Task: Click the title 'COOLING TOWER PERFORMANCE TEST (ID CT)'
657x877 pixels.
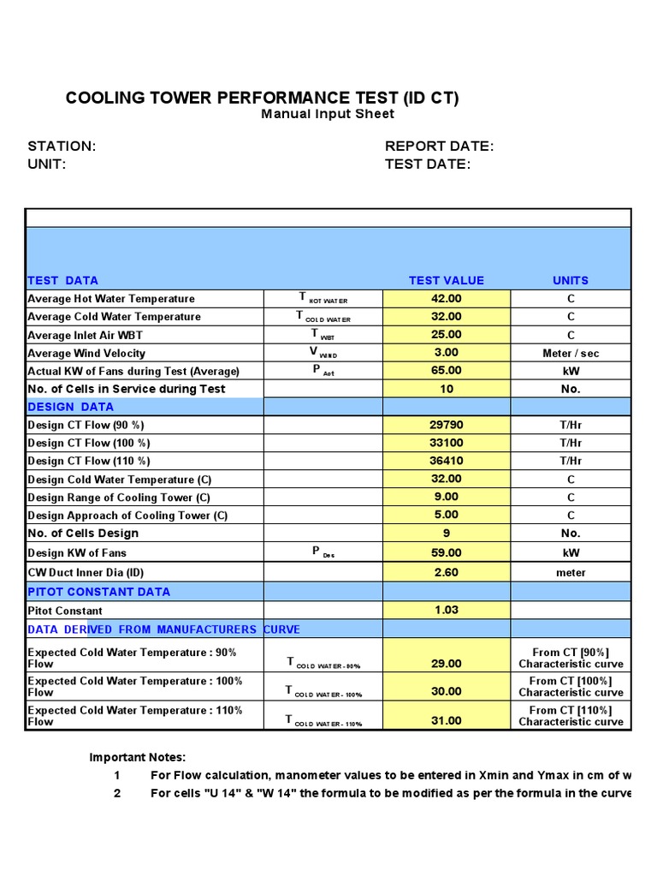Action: click(x=262, y=98)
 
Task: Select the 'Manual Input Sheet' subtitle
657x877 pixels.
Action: click(x=328, y=114)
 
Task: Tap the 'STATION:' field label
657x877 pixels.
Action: click(x=62, y=146)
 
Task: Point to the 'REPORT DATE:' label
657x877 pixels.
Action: click(x=439, y=146)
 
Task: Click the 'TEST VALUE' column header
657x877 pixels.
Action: click(x=446, y=280)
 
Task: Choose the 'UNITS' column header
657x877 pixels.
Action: click(x=571, y=280)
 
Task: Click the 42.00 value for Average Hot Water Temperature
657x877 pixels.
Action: click(x=446, y=299)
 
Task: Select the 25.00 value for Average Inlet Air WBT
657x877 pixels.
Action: click(x=446, y=335)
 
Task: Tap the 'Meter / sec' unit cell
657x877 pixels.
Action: click(x=571, y=353)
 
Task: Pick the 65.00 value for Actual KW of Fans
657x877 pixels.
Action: click(x=446, y=371)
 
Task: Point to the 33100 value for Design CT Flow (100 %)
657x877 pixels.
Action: click(x=446, y=443)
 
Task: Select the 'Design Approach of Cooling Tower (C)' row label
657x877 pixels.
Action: click(x=128, y=516)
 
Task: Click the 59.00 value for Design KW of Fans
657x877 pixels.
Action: click(x=446, y=552)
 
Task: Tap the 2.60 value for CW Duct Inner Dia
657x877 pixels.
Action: click(x=446, y=572)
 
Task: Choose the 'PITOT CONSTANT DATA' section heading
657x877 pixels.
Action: click(x=99, y=592)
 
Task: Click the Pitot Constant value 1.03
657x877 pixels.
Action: click(x=446, y=610)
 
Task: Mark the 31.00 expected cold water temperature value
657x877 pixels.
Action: click(x=446, y=720)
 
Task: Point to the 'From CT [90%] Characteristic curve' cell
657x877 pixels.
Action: click(x=571, y=658)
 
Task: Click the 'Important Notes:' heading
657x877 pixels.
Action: click(x=138, y=757)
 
